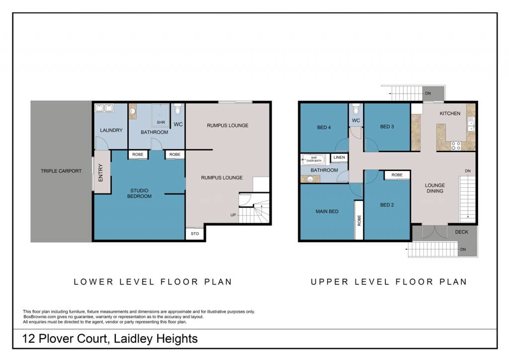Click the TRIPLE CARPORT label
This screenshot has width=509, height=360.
[x=61, y=171]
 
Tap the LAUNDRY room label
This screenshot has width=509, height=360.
[x=111, y=130]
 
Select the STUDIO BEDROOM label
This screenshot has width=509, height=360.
[x=139, y=193]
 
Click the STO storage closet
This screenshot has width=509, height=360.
[x=195, y=234]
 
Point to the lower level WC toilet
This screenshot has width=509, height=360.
[x=177, y=109]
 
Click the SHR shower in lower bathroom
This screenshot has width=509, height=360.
[x=161, y=115]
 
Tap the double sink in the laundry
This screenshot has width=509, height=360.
[x=104, y=108]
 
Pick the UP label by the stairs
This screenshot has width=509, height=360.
[x=233, y=215]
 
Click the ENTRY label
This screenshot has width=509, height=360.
[x=100, y=173]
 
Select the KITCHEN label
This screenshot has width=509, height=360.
[x=450, y=113]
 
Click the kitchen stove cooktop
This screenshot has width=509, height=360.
[x=456, y=146]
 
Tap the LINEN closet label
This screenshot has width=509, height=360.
[x=339, y=158]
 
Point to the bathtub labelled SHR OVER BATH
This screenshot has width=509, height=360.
[x=314, y=160]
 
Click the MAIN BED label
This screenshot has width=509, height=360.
[x=327, y=211]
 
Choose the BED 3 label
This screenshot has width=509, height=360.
[x=387, y=127]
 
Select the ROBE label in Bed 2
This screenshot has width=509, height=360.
[x=397, y=175]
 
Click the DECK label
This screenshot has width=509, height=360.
[x=462, y=232]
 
